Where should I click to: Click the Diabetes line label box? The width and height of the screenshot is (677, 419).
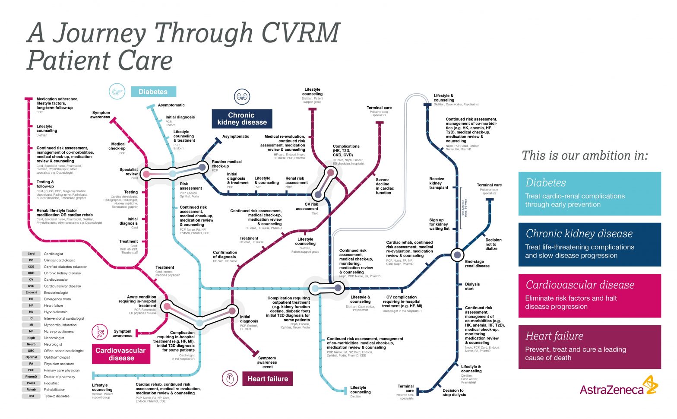153,92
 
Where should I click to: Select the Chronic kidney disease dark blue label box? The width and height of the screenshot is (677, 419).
242,119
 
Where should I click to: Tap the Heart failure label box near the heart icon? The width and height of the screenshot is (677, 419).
267,379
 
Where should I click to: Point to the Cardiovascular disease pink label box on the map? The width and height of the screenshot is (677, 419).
121,354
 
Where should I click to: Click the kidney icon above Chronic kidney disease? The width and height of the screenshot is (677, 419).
242,97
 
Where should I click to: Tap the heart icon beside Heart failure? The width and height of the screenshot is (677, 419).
230,379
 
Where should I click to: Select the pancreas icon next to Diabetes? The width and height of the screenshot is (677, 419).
116,92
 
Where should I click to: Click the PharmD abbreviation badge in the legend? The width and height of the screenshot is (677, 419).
31,377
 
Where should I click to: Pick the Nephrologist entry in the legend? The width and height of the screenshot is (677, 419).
54,338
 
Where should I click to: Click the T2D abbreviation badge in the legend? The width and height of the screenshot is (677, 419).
31,396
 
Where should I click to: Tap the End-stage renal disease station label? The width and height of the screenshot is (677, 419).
477,264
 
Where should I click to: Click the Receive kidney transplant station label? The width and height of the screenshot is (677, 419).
438,183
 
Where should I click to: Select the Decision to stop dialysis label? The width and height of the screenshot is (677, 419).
454,393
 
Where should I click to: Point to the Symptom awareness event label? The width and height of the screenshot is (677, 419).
267,362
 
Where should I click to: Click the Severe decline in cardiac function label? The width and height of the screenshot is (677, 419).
384,186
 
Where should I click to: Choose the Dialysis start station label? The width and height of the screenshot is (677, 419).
472,286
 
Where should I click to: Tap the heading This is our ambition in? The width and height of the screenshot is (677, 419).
585,156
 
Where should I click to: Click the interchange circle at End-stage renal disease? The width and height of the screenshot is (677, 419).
457,255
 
